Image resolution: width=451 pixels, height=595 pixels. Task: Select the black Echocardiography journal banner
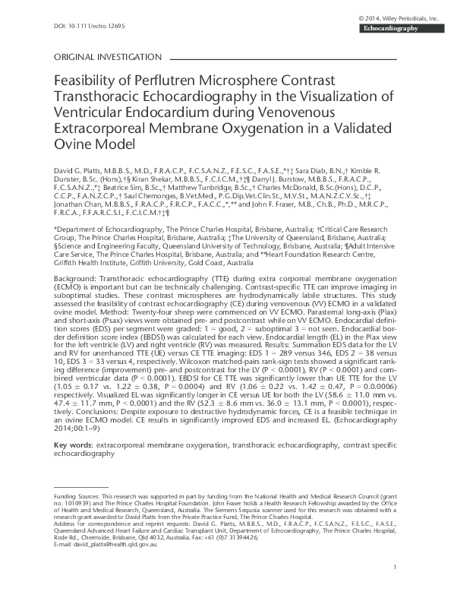tap(394, 28)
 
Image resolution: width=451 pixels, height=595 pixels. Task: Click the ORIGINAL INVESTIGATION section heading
tap(108, 57)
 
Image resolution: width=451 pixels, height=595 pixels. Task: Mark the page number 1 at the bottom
tap(396, 587)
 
